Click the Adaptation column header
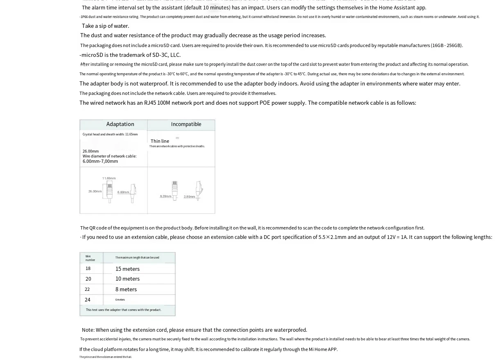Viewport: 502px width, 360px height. click(120, 124)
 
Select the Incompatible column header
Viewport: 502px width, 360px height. click(186, 124)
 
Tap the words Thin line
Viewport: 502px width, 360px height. click(160, 141)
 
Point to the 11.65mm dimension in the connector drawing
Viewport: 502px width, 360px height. click(109, 178)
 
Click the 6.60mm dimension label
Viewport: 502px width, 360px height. click(123, 192)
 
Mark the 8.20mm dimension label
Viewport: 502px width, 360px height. click(165, 196)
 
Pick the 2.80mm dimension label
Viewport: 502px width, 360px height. click(189, 197)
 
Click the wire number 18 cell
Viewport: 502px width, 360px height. click(88, 269)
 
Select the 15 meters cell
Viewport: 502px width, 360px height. click(127, 269)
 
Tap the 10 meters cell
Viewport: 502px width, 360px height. click(127, 279)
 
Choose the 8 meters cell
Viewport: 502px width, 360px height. click(126, 289)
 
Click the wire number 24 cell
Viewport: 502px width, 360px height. click(88, 300)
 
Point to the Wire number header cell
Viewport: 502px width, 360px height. click(90, 258)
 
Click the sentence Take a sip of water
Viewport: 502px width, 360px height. click(105, 26)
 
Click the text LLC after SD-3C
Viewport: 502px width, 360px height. click(175, 55)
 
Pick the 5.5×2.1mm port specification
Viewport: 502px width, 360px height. click(332, 237)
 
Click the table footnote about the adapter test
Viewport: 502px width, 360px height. click(123, 310)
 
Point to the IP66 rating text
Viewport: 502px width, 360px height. click(84, 17)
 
